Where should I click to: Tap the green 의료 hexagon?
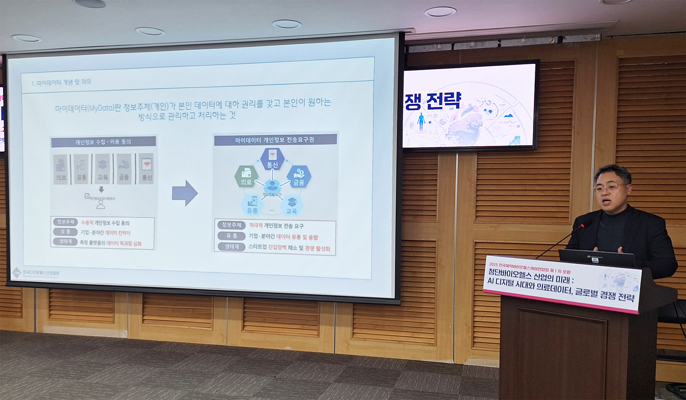tap(246, 176)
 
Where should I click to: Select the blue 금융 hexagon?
tap(299, 177)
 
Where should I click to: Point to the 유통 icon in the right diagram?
tap(253, 204)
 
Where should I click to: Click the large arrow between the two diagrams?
tap(185, 193)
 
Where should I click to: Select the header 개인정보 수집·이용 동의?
tap(103, 142)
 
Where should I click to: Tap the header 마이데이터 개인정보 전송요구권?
tap(275, 140)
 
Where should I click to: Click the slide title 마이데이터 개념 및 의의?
tap(61, 83)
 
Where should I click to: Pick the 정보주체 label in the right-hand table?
tap(232, 225)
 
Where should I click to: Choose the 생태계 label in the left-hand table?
tap(65, 242)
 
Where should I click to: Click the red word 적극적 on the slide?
tap(256, 226)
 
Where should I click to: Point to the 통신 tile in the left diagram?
tap(147, 169)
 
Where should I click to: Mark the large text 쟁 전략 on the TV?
tap(433, 101)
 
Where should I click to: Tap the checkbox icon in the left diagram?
tap(87, 196)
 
